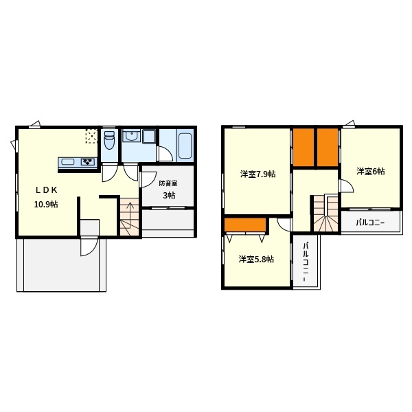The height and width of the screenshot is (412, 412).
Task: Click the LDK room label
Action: pos(47,190)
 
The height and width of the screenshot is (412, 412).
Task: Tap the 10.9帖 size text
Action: pos(46,205)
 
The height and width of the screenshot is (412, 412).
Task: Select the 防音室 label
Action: pos(168,183)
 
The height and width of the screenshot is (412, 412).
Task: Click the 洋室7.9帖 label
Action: pos(257,174)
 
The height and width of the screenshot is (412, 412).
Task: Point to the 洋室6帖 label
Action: pos(371,171)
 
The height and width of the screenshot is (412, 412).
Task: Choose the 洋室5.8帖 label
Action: pos(256,260)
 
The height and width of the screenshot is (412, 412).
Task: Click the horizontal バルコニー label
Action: pos(370,223)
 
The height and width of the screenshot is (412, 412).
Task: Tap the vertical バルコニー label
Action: pos(305,262)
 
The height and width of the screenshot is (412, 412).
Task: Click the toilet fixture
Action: pos(109,139)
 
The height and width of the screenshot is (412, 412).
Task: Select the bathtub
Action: pos(185,146)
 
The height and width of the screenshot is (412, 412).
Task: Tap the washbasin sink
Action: pos(131,135)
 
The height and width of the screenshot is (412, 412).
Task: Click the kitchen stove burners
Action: pos(88,161)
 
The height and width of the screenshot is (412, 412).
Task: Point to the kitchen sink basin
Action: pos(68,161)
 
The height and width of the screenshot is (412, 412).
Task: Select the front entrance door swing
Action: pos(89,247)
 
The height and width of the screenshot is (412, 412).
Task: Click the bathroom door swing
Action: pos(165,154)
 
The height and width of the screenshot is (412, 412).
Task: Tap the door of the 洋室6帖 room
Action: pos(347,186)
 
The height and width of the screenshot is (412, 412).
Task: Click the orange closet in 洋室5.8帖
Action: pos(245,225)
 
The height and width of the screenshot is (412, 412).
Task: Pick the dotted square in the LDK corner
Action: pos(91,137)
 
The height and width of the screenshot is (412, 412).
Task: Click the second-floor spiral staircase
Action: pos(325,213)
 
